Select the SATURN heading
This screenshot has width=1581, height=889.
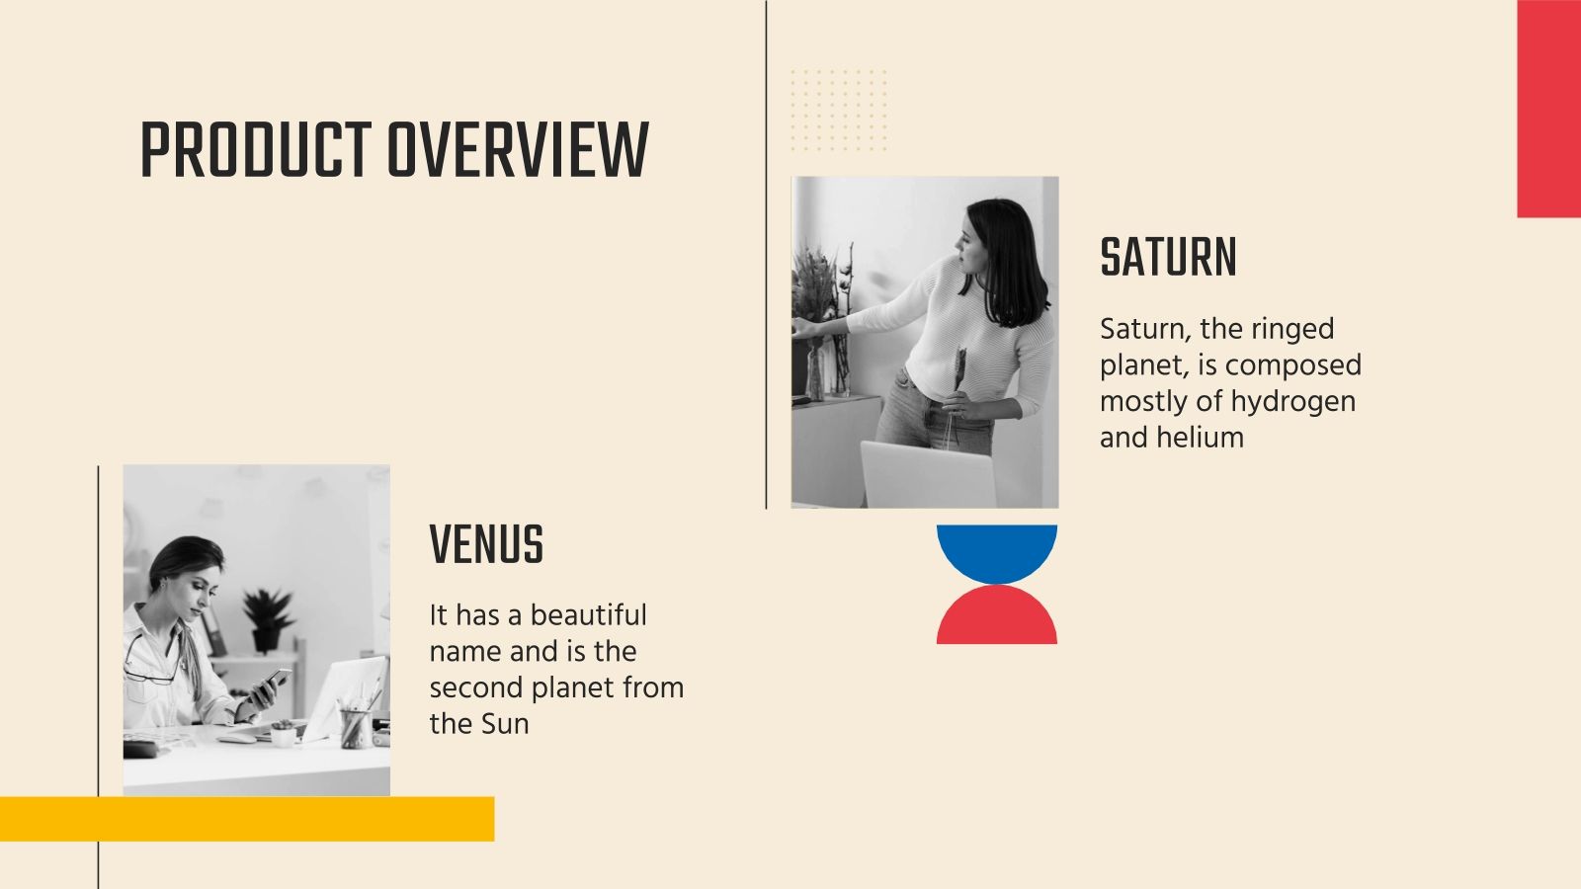coord(1168,258)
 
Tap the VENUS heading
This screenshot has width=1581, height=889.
coord(486,544)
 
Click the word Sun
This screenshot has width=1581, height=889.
coord(505,724)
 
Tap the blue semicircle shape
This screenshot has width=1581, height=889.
coord(997,548)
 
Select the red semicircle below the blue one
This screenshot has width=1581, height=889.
coord(997,620)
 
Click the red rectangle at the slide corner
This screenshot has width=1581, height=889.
coord(1548,109)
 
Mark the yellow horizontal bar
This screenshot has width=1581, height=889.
coord(247,819)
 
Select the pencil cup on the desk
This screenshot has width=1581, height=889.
coord(354,728)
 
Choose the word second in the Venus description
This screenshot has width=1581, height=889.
coord(476,687)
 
